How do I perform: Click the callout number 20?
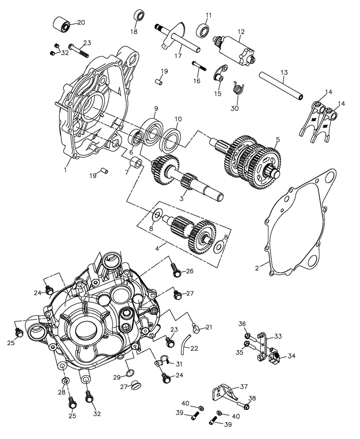point(81,22)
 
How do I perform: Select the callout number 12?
point(241,32)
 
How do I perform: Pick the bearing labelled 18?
point(140,15)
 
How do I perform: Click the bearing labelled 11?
point(203,30)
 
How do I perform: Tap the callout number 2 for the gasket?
point(257,268)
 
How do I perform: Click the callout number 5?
point(278,139)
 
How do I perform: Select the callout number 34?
point(291,356)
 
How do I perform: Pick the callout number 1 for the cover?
point(65,170)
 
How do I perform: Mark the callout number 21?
point(209,327)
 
